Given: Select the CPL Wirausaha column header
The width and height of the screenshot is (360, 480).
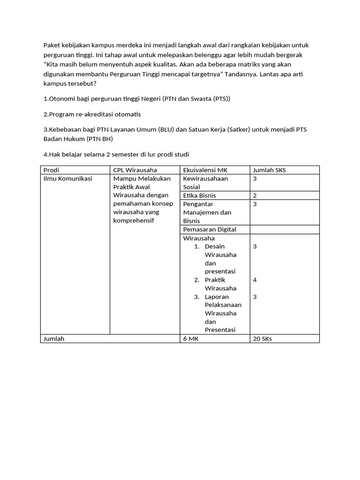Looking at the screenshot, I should click(x=135, y=170).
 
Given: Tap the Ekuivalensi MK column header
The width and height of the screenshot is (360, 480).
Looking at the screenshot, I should click(x=205, y=170).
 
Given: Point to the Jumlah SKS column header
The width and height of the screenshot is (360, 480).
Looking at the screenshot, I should click(x=269, y=170).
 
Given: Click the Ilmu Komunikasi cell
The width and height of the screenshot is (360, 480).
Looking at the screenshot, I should click(x=67, y=179).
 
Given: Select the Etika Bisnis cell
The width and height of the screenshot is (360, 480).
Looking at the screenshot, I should click(x=199, y=195).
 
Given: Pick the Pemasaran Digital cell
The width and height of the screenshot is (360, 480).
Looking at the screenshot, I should click(x=209, y=229).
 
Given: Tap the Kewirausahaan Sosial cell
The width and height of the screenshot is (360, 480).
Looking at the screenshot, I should click(x=205, y=182).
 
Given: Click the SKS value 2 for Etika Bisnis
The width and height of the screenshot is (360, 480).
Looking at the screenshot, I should click(x=255, y=195).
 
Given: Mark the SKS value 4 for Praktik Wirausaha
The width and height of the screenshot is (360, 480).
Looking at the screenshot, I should click(x=255, y=280).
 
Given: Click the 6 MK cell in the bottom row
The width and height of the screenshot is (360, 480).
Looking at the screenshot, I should click(x=191, y=338).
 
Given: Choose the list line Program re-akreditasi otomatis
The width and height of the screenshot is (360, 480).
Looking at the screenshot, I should click(x=92, y=114).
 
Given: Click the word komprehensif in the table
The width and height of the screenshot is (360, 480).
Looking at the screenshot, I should click(x=134, y=221).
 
